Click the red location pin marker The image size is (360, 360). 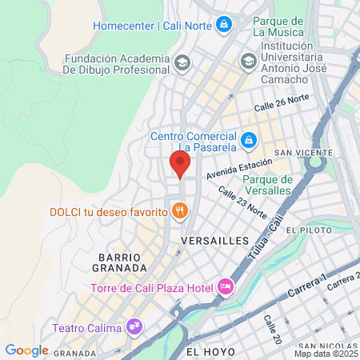[180, 163]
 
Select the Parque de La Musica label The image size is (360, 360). [277, 26]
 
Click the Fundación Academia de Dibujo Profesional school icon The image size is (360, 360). [182, 62]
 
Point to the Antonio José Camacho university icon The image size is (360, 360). [248, 61]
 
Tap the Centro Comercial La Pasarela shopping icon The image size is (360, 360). [249, 140]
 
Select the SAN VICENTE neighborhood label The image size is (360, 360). [303, 152]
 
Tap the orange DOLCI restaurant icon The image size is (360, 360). [181, 211]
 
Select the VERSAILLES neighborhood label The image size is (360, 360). [215, 240]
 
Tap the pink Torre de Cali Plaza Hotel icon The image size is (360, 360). [226, 286]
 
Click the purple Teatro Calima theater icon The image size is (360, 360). [134, 326]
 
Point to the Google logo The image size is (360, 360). [26, 350]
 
